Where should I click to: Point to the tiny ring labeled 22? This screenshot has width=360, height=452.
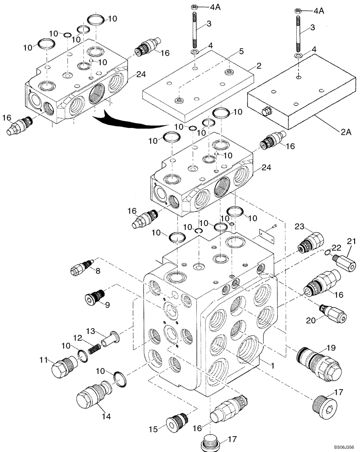[x=327, y=252]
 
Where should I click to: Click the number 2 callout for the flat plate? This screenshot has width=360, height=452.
[x=259, y=66]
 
